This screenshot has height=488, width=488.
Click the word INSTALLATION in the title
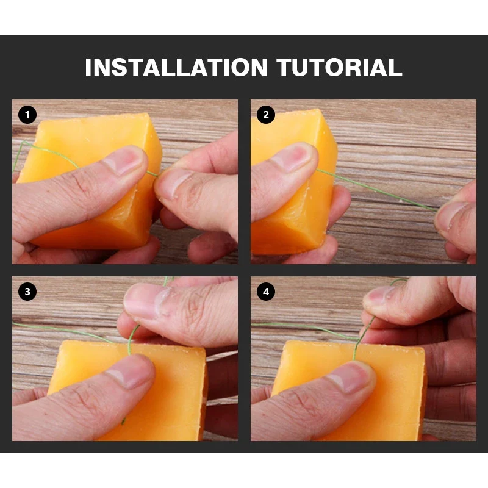pos(176,67)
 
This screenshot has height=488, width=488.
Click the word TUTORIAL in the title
pos(339,67)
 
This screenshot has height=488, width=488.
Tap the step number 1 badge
pos(27,115)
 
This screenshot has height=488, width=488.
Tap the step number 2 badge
pos(266,115)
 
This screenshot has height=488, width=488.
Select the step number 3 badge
pos(27,292)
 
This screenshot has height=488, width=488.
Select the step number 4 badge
pos(266,292)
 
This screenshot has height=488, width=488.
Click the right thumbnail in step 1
pos(175,184)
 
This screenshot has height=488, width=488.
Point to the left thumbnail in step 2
pos(291,158)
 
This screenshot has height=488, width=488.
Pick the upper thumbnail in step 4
pos(379,296)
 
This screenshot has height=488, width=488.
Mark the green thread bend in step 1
pos(23,143)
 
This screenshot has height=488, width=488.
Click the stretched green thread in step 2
pos(376,190)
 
